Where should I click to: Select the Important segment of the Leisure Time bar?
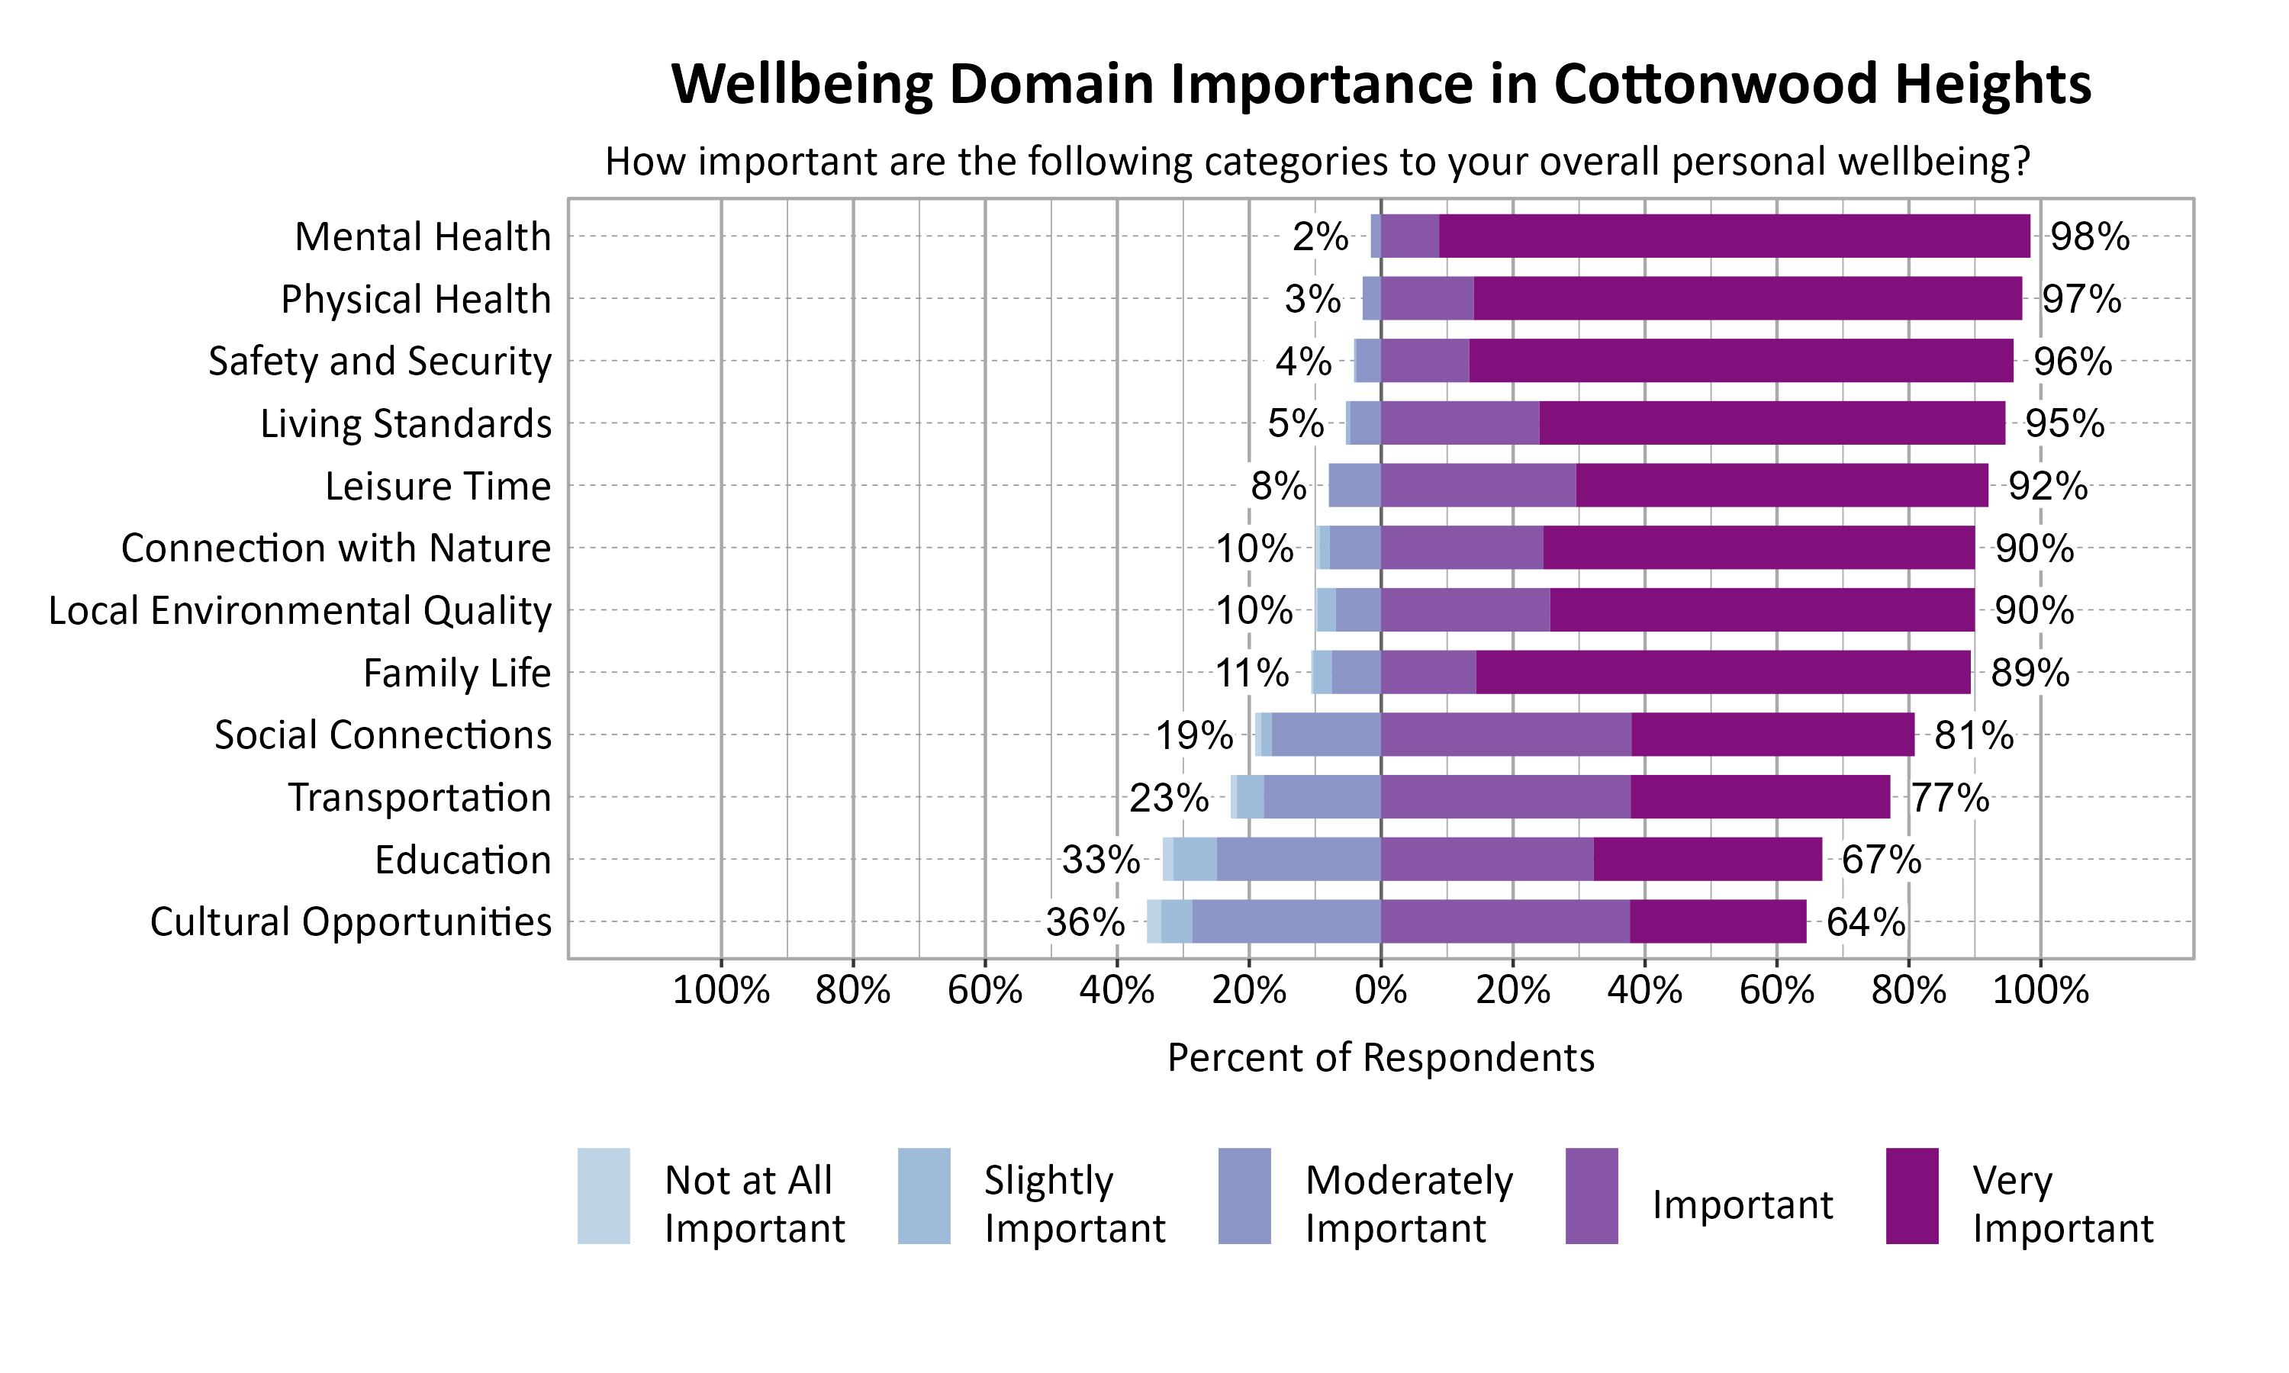tap(1479, 485)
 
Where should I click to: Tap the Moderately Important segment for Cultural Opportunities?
tap(1286, 921)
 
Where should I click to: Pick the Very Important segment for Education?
tap(1707, 860)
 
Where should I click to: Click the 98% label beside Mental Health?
tap(2089, 237)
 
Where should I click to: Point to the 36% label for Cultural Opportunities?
tap(1084, 922)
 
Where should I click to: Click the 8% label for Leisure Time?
tap(1278, 486)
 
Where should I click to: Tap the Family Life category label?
tap(457, 674)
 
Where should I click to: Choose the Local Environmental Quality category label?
tap(300, 611)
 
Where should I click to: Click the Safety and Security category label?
tap(379, 361)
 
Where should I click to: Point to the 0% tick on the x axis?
tap(1380, 991)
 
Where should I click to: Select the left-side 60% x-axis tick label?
tap(984, 991)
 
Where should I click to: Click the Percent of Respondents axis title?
tap(1380, 1057)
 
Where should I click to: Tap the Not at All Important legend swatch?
tap(604, 1195)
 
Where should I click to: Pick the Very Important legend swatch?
tap(1911, 1195)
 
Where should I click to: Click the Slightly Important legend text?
tap(1074, 1204)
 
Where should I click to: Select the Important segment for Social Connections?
tap(1505, 735)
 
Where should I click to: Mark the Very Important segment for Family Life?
tap(1723, 673)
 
